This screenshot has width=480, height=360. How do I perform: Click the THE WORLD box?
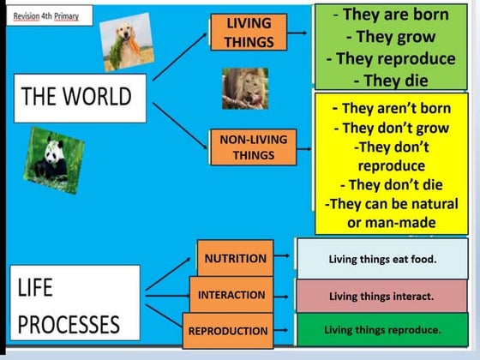pyautogui.click(x=76, y=96)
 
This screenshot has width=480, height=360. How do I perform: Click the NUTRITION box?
pyautogui.click(x=235, y=258)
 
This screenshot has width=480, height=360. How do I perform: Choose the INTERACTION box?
pyautogui.click(x=231, y=295)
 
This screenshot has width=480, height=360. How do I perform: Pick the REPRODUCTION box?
pyautogui.click(x=228, y=331)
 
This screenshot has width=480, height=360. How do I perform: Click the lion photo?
pyautogui.click(x=244, y=88)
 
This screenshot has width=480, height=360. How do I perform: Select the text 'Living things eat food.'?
pyautogui.click(x=381, y=259)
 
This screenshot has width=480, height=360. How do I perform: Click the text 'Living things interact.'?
pyautogui.click(x=381, y=297)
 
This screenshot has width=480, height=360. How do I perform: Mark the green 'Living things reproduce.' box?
pyautogui.click(x=381, y=330)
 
